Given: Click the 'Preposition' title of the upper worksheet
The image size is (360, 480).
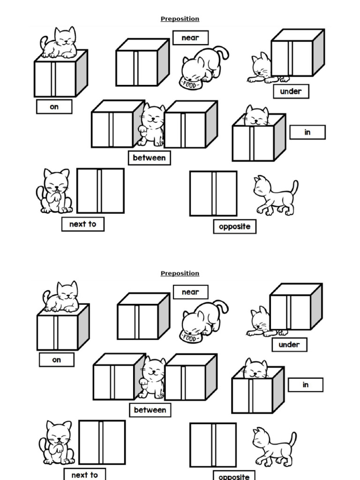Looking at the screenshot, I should coord(180,19).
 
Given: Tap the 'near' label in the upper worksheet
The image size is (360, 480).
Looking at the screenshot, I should coord(190,38).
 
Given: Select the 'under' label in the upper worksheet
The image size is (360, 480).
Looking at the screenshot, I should coord(291,91).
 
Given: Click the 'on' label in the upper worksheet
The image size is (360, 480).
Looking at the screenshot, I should coord(54,107).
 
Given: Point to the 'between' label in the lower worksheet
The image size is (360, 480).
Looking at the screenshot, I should coord(150,410).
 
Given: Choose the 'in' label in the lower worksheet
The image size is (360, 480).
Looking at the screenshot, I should coord(306,385).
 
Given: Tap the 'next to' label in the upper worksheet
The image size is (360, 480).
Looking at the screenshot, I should coord(82,224).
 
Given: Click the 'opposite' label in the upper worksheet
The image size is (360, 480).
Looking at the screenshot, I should coord(234,226).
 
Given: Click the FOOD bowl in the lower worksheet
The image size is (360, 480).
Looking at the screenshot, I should coord(190,336).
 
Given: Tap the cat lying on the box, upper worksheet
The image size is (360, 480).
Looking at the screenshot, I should coord(60,43).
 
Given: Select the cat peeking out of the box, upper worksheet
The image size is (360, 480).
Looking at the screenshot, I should coord(256,116).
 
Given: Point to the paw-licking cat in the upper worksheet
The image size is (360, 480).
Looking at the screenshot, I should coord(55,191).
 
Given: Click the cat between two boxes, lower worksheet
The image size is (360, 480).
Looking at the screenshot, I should coord(152,377).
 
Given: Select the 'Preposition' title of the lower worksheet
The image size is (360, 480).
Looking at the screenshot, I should coord(180,273).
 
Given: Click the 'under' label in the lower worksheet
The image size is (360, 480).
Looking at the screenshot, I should coord(289,345).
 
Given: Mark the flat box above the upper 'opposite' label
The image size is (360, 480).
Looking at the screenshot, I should coord(213,194).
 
